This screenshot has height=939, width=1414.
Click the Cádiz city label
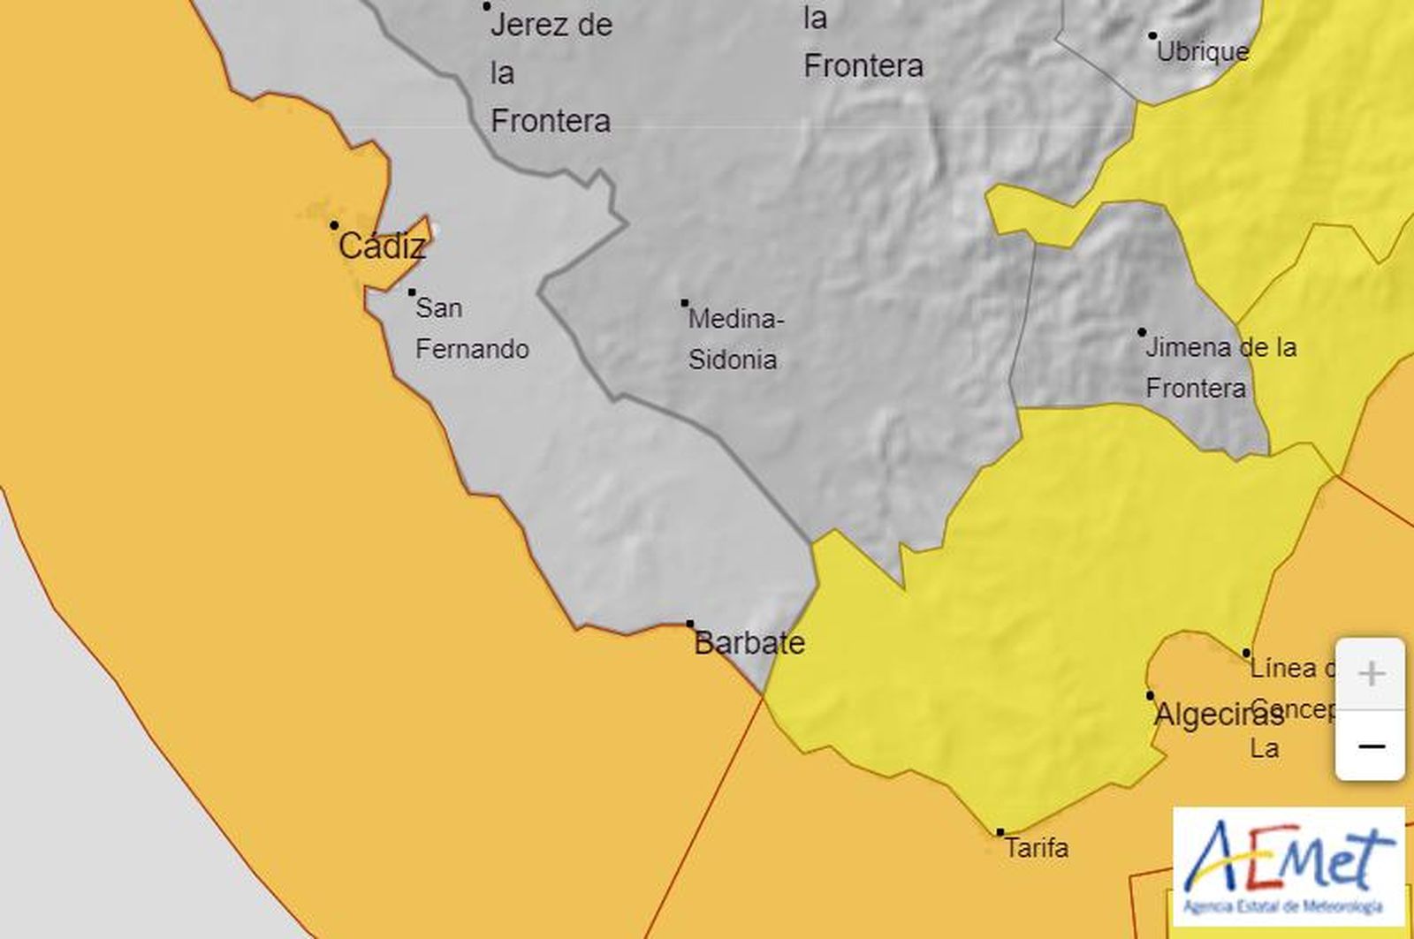click(x=382, y=246)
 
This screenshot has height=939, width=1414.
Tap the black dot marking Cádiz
click(x=334, y=225)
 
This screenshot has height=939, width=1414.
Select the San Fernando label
click(x=471, y=329)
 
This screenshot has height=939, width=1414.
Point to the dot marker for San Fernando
click(x=412, y=292)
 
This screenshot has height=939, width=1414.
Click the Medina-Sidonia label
click(x=734, y=339)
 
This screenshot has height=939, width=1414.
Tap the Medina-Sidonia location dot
click(x=685, y=303)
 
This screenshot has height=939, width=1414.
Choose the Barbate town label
click(x=749, y=643)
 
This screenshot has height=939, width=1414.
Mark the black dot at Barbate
click(x=690, y=624)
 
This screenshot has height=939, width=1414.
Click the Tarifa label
click(x=1037, y=849)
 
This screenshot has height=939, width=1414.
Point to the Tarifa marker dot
click(x=1000, y=832)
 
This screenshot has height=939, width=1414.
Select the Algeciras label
click(x=1219, y=715)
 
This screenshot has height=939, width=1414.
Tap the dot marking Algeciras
click(x=1151, y=695)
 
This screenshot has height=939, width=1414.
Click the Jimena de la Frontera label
click(x=1220, y=367)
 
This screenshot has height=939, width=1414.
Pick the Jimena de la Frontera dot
click(x=1142, y=332)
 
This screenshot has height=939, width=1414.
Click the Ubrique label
click(x=1203, y=51)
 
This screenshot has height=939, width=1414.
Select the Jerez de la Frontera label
click(x=551, y=72)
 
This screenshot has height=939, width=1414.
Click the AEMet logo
click(x=1289, y=867)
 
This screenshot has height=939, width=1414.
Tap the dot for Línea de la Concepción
click(x=1246, y=654)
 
